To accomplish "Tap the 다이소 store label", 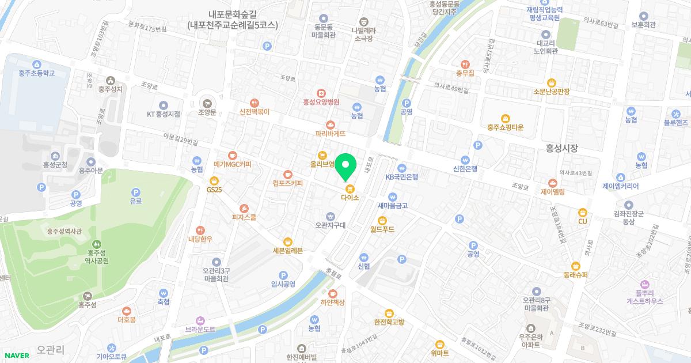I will (350, 197).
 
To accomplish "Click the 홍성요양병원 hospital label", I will (321, 101).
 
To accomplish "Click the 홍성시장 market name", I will (561, 149).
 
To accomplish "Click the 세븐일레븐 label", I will (288, 250).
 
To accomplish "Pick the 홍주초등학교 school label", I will (36, 73).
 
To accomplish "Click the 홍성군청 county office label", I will (55, 164).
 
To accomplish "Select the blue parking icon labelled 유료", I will (136, 193).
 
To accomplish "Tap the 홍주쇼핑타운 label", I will (505, 127).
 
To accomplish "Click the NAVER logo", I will (16, 355).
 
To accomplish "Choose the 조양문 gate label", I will (206, 112).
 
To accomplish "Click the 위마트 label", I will (440, 353).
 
